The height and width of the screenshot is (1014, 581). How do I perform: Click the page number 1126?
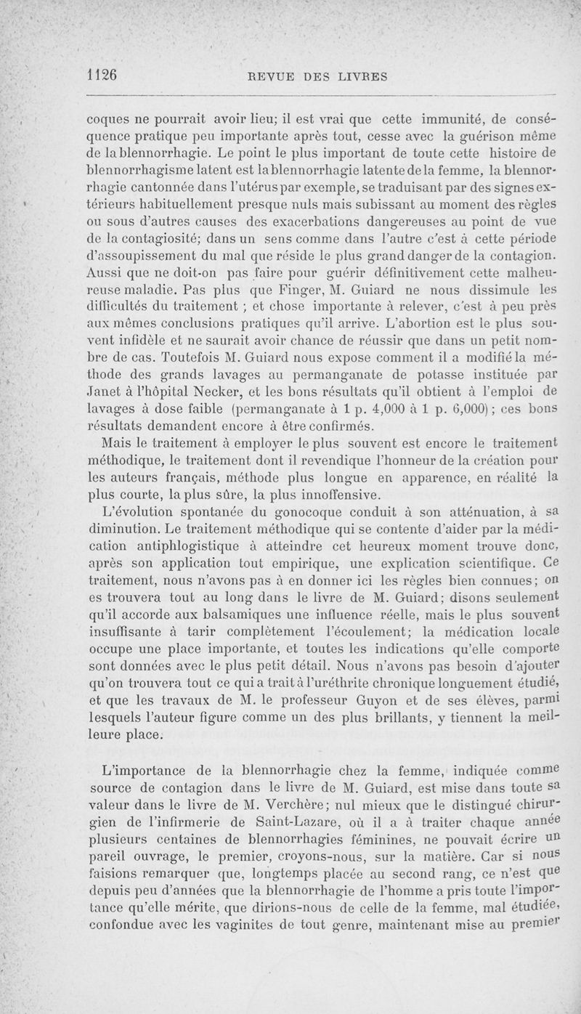[x=102, y=75]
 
